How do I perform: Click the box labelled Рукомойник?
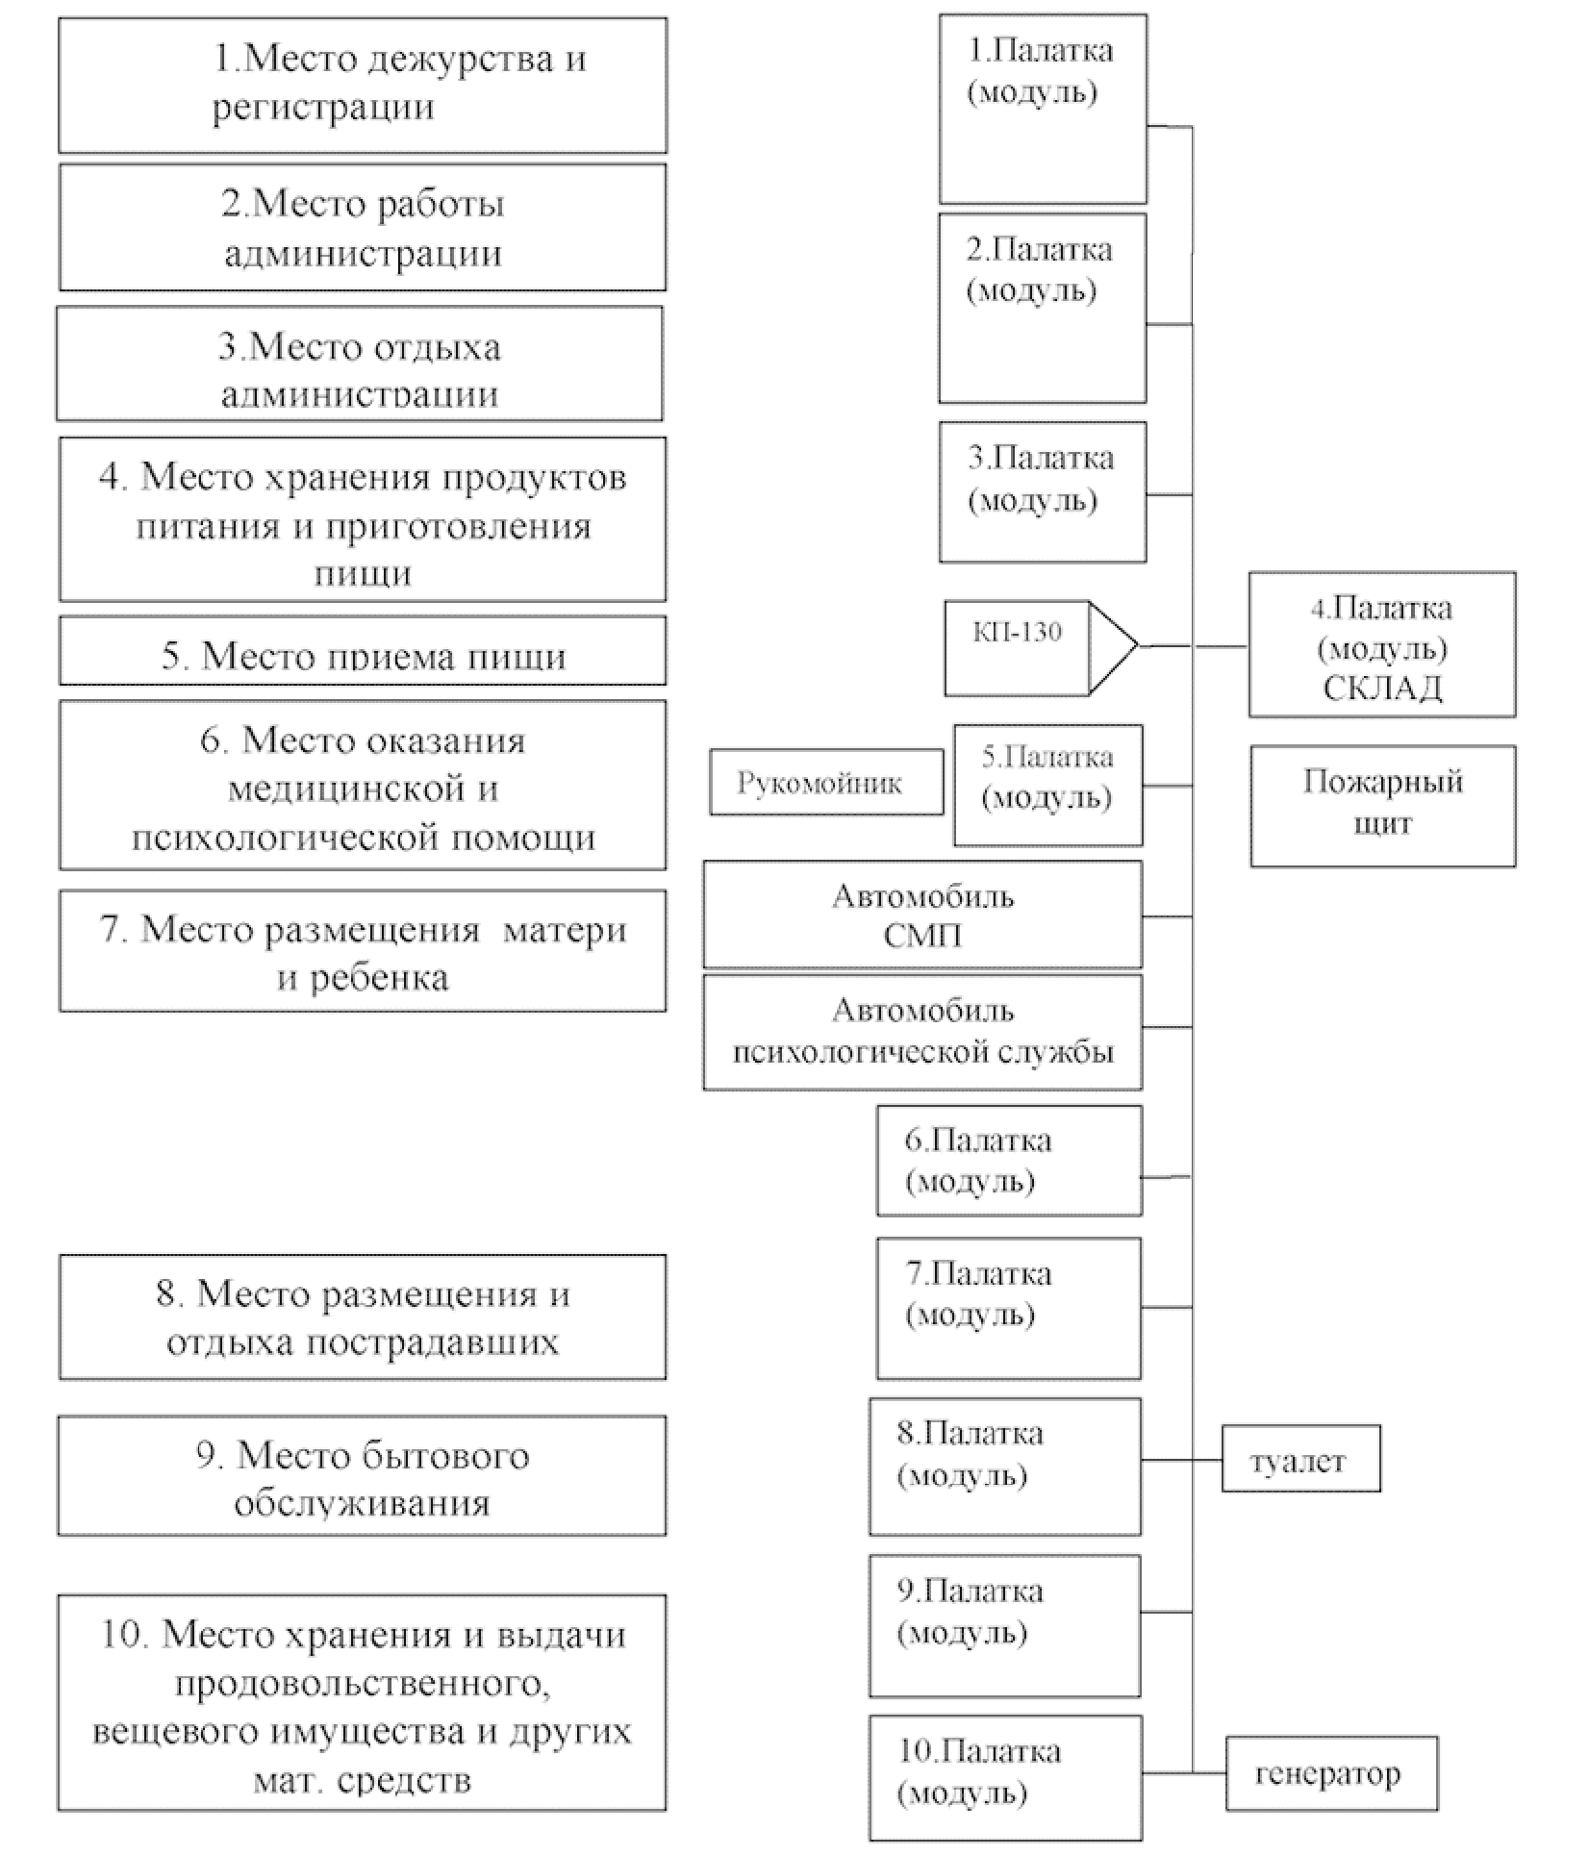pos(825,783)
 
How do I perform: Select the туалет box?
pos(1300,1461)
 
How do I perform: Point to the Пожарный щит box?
pos(1382,805)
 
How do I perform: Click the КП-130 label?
pos(1017,632)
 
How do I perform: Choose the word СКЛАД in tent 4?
pos(1382,689)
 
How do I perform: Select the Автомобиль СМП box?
pos(921,915)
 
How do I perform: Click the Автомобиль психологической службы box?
pos(921,1032)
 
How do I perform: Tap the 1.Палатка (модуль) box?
pos(1042,108)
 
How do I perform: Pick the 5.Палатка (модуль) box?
pos(1047,785)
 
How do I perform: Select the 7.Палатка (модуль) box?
pos(1008,1308)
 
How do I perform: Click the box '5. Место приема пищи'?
pos(363,653)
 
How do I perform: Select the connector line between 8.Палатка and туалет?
pos(1181,1461)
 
